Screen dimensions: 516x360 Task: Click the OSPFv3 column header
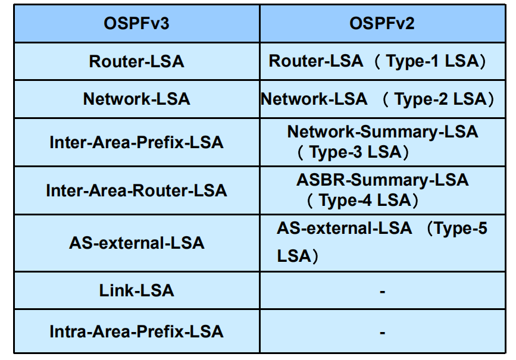click(x=136, y=23)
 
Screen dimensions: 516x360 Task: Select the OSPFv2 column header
click(x=382, y=23)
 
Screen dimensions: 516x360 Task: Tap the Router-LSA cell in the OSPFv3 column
click(x=136, y=61)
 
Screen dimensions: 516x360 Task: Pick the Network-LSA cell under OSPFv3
click(x=136, y=99)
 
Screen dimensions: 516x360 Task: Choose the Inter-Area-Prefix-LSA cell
click(x=136, y=142)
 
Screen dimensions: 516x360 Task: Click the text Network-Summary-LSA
click(x=383, y=132)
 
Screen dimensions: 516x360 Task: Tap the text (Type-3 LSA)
click(x=353, y=152)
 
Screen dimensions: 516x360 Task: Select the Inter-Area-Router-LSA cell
click(x=136, y=190)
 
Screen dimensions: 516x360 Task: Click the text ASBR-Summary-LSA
click(x=383, y=180)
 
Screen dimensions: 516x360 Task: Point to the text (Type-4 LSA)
click(x=362, y=201)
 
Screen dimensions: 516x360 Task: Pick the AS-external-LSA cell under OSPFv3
click(x=136, y=243)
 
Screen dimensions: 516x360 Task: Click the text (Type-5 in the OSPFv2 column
click(x=456, y=228)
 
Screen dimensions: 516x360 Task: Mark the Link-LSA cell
click(x=136, y=290)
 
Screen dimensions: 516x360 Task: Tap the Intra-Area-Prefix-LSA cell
click(x=136, y=331)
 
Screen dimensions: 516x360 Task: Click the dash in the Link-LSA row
click(x=383, y=291)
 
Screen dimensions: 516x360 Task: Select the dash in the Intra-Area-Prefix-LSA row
click(x=383, y=333)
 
